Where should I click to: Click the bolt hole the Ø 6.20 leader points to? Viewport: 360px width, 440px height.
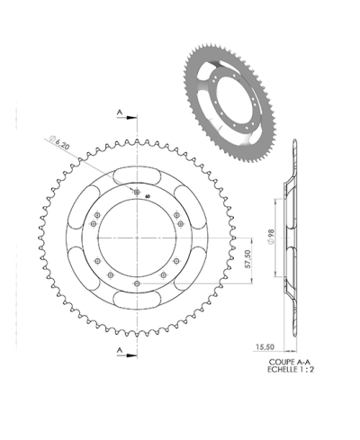tap(136, 192)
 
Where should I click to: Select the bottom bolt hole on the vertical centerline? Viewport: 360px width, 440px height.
tap(136, 279)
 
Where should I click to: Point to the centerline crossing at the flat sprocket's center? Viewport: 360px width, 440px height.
tap(136, 235)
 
